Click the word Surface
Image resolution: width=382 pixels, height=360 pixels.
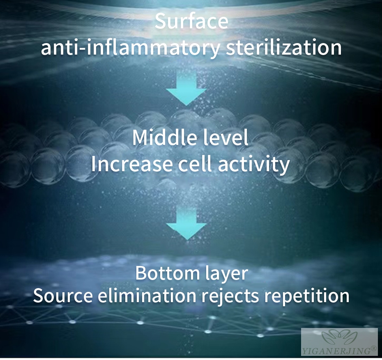191,21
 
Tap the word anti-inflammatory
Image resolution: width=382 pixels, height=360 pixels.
130,48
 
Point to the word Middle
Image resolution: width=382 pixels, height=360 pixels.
164,138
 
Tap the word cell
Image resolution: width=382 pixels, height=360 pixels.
195,164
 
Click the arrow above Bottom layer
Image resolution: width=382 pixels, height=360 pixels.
186,223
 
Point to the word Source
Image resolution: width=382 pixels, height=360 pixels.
63,296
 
